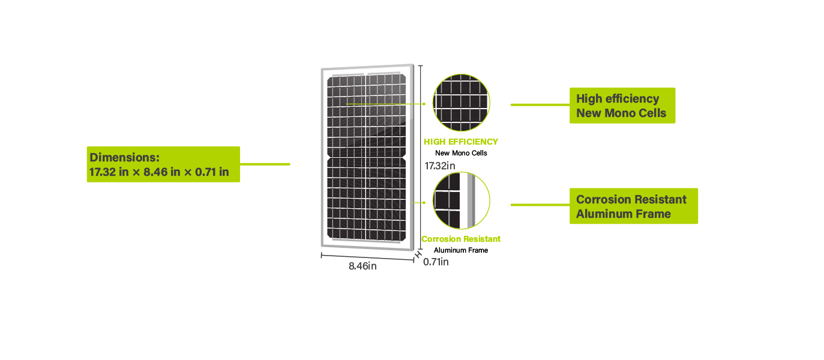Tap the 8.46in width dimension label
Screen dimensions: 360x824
(362, 266)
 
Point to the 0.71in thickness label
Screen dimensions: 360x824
(436, 262)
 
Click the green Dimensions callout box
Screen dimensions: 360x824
(163, 164)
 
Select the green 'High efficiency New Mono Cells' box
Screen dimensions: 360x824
(622, 106)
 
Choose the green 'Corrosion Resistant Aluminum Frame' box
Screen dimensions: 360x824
(633, 206)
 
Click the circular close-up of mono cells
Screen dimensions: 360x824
(462, 103)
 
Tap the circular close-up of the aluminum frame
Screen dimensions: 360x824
(462, 200)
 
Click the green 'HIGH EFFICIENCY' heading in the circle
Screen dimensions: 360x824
(461, 142)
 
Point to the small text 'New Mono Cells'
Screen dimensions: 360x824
(461, 153)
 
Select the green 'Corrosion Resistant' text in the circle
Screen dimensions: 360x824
(461, 239)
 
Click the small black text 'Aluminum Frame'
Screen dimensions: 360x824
(461, 250)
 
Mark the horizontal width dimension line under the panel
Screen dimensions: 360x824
(366, 256)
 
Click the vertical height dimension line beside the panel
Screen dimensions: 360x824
(421, 120)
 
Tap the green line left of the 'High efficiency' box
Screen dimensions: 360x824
(540, 104)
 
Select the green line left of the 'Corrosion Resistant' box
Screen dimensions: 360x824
(540, 205)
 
